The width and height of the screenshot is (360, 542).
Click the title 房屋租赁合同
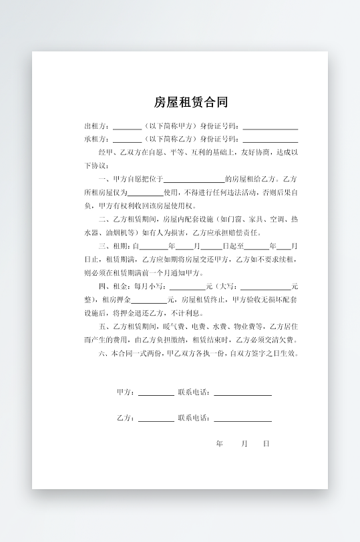click(x=191, y=102)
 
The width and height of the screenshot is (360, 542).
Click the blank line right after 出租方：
click(x=127, y=127)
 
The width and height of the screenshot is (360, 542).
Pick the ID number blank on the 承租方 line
click(x=270, y=140)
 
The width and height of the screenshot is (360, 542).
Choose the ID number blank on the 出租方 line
click(x=270, y=127)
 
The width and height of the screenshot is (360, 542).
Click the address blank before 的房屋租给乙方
click(x=194, y=180)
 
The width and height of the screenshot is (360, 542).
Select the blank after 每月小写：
click(x=192, y=287)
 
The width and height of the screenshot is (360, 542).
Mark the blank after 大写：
click(x=265, y=287)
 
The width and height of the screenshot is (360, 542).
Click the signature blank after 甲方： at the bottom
click(x=156, y=393)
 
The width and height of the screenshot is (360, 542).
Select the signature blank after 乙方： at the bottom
click(x=156, y=419)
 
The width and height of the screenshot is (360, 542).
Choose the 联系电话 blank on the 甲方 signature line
click(x=242, y=393)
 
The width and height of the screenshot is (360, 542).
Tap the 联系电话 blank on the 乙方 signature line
click(x=242, y=419)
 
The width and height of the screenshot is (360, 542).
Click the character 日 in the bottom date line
click(x=266, y=443)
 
